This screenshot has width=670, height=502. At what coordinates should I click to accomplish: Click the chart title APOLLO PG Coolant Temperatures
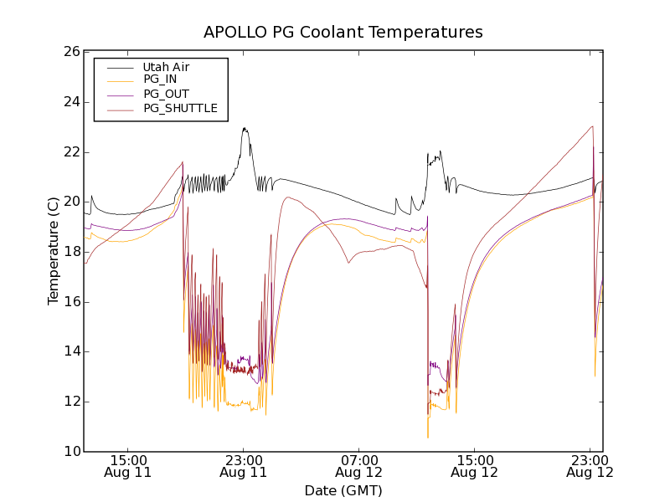click(x=343, y=33)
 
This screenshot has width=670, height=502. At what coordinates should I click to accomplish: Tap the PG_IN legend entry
click(x=160, y=79)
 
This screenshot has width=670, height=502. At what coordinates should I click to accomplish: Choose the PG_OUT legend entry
click(x=166, y=94)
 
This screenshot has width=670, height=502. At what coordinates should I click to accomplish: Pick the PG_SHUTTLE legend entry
click(x=180, y=108)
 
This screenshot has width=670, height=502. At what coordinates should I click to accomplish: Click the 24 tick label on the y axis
click(x=70, y=102)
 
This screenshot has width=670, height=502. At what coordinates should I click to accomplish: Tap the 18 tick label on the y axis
click(x=70, y=252)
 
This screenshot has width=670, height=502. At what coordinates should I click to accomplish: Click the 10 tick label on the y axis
click(x=70, y=452)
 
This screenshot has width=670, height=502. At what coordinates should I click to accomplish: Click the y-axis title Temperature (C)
click(x=54, y=251)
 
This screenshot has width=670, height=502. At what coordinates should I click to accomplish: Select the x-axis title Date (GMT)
click(x=343, y=490)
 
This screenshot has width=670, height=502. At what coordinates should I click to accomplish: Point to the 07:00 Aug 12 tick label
click(x=359, y=466)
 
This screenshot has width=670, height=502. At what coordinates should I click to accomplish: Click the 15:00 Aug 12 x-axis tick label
click(x=475, y=466)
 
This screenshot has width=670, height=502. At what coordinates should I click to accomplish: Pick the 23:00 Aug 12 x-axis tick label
click(x=590, y=466)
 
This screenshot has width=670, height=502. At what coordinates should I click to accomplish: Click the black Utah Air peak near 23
click(x=245, y=129)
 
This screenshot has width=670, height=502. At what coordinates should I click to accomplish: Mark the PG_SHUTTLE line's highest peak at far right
click(x=592, y=126)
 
